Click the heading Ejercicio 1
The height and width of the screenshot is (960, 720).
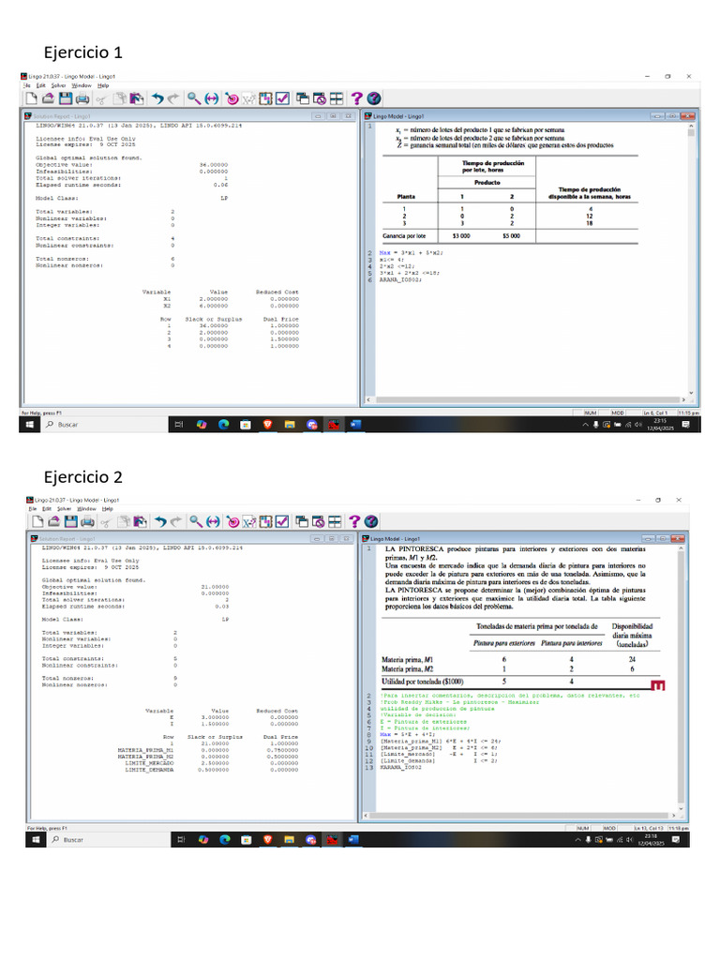tap(83, 52)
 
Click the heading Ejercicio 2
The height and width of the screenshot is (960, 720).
tap(83, 476)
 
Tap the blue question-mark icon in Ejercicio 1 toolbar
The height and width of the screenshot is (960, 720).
tap(356, 97)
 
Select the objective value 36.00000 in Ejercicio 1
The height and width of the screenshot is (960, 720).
tap(215, 164)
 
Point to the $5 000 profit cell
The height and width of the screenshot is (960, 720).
tap(511, 236)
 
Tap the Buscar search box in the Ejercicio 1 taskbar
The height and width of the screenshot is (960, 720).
tap(68, 425)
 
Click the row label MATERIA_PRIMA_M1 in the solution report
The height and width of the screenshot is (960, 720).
tap(145, 751)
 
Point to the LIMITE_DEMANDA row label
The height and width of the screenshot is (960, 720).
tap(149, 770)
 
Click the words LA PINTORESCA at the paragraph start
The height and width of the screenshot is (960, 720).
tap(417, 548)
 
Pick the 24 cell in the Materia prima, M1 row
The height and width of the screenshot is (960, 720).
tap(632, 659)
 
